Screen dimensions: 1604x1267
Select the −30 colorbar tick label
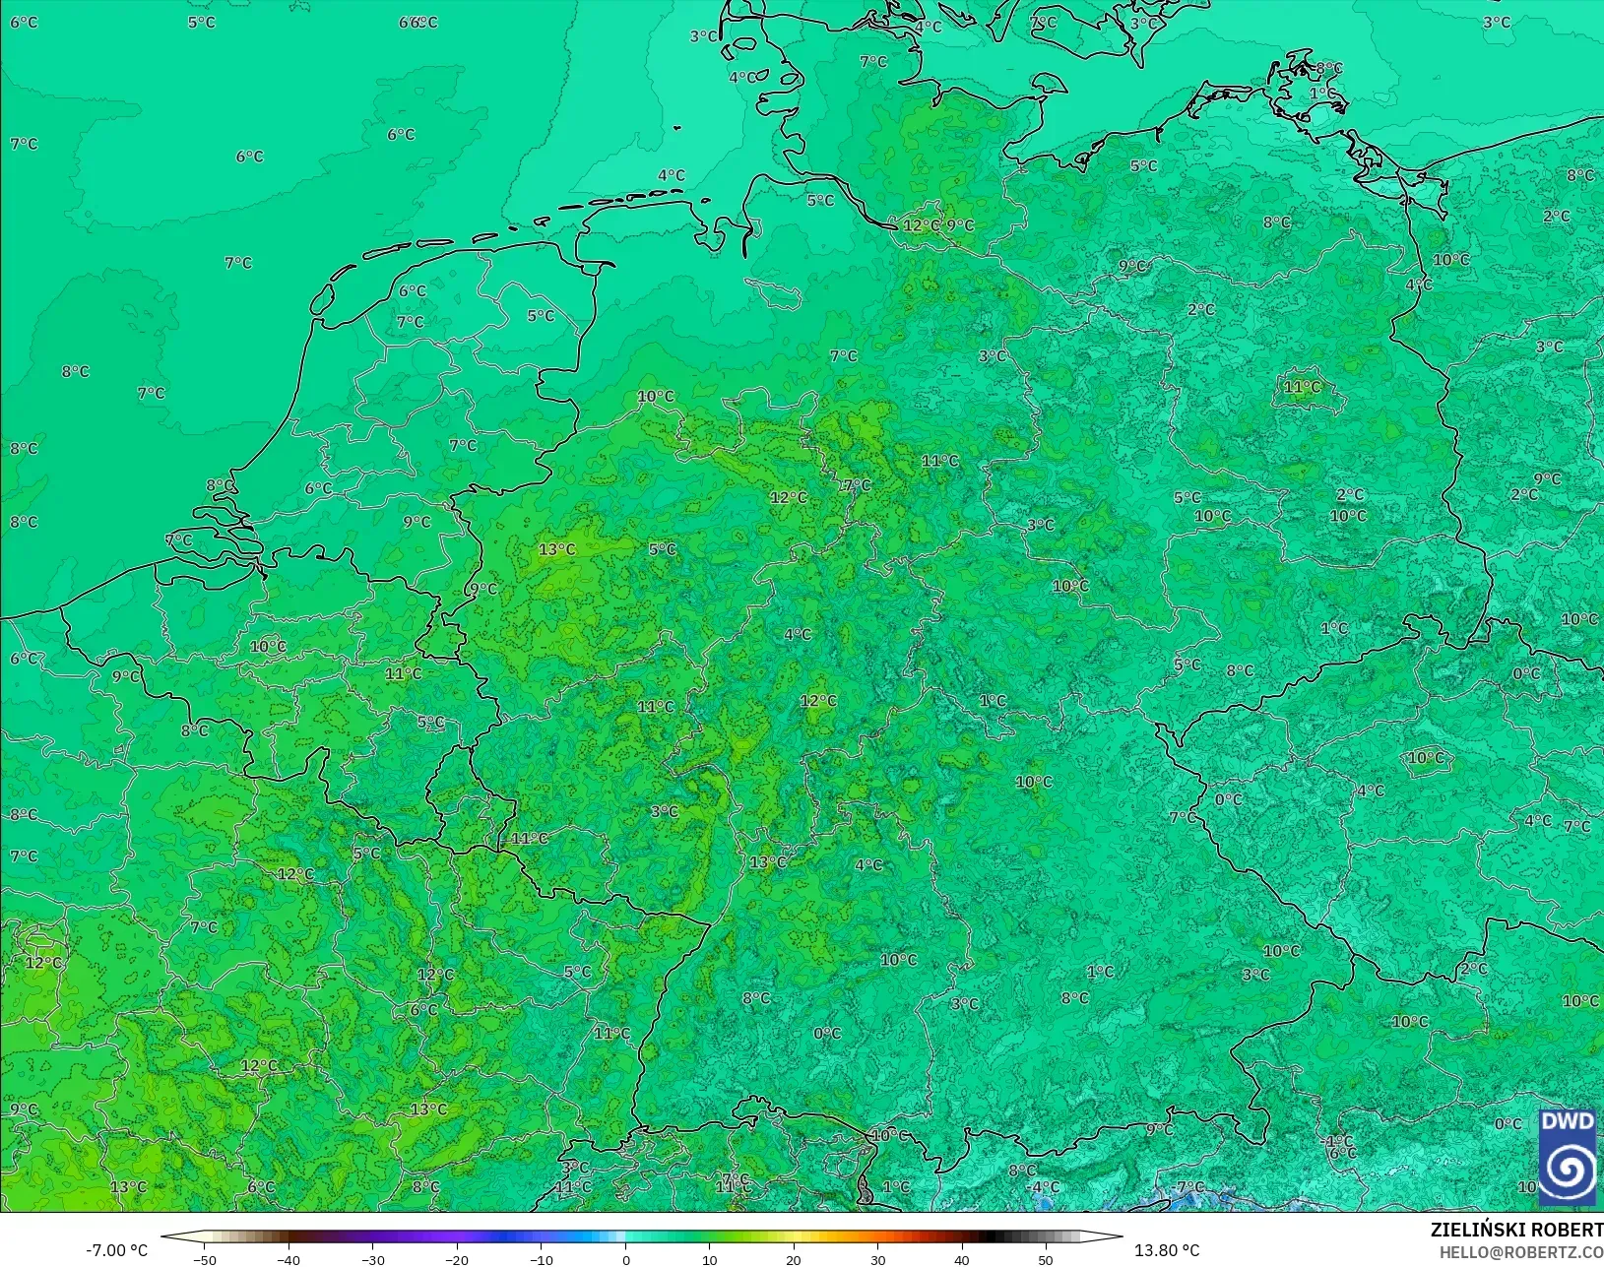pyautogui.click(x=372, y=1259)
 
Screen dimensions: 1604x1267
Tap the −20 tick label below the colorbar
pyautogui.click(x=456, y=1259)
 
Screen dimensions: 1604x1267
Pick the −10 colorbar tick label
pyautogui.click(x=541, y=1259)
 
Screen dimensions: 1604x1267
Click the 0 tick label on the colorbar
pyautogui.click(x=626, y=1259)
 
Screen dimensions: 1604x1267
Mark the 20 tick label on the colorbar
pyautogui.click(x=794, y=1259)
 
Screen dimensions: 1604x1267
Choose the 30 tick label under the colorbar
pyautogui.click(x=877, y=1259)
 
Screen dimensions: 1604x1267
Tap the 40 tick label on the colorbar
pyautogui.click(x=962, y=1259)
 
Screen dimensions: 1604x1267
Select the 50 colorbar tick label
pyautogui.click(x=1046, y=1259)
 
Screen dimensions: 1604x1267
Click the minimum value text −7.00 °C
pyautogui.click(x=116, y=1250)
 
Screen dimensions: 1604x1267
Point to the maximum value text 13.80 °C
pyautogui.click(x=1167, y=1250)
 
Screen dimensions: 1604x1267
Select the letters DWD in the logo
pyautogui.click(x=1568, y=1122)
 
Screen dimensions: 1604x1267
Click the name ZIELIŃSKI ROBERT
pyautogui.click(x=1516, y=1231)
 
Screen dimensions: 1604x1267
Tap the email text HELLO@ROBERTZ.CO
pyautogui.click(x=1521, y=1252)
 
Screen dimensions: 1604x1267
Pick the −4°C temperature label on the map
pyautogui.click(x=1045, y=1187)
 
